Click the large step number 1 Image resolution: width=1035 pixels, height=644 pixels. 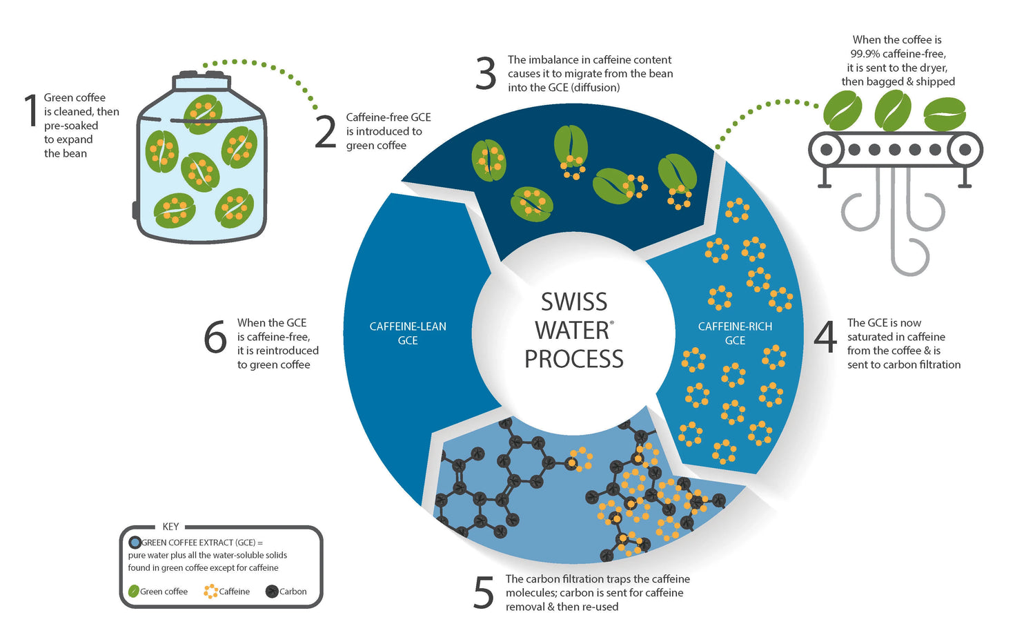point(30,110)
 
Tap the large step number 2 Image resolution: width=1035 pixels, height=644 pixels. point(326,131)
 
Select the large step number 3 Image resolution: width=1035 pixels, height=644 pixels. point(486,74)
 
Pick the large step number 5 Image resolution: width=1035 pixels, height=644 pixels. point(484,593)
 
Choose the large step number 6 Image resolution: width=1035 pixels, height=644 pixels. point(215,337)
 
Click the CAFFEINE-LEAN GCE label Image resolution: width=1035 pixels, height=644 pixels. point(408,333)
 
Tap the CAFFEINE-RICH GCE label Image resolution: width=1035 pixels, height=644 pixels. point(735,333)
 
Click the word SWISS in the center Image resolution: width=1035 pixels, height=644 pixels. point(574,302)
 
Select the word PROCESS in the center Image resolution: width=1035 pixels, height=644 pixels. point(574,359)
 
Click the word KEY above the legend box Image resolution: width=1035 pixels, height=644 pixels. point(170,527)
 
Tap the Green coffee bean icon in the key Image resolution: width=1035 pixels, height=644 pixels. point(134,592)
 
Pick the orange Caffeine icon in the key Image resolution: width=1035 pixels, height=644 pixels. point(210,592)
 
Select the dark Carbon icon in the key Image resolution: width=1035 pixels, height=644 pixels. point(272,592)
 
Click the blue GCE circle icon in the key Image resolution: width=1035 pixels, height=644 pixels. point(135,543)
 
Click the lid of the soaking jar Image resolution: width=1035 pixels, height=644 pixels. point(201,80)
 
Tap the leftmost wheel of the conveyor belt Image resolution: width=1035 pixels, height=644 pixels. point(826,149)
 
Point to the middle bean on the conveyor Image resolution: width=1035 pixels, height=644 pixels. point(893,111)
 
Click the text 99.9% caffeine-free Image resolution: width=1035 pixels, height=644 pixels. point(898,54)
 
